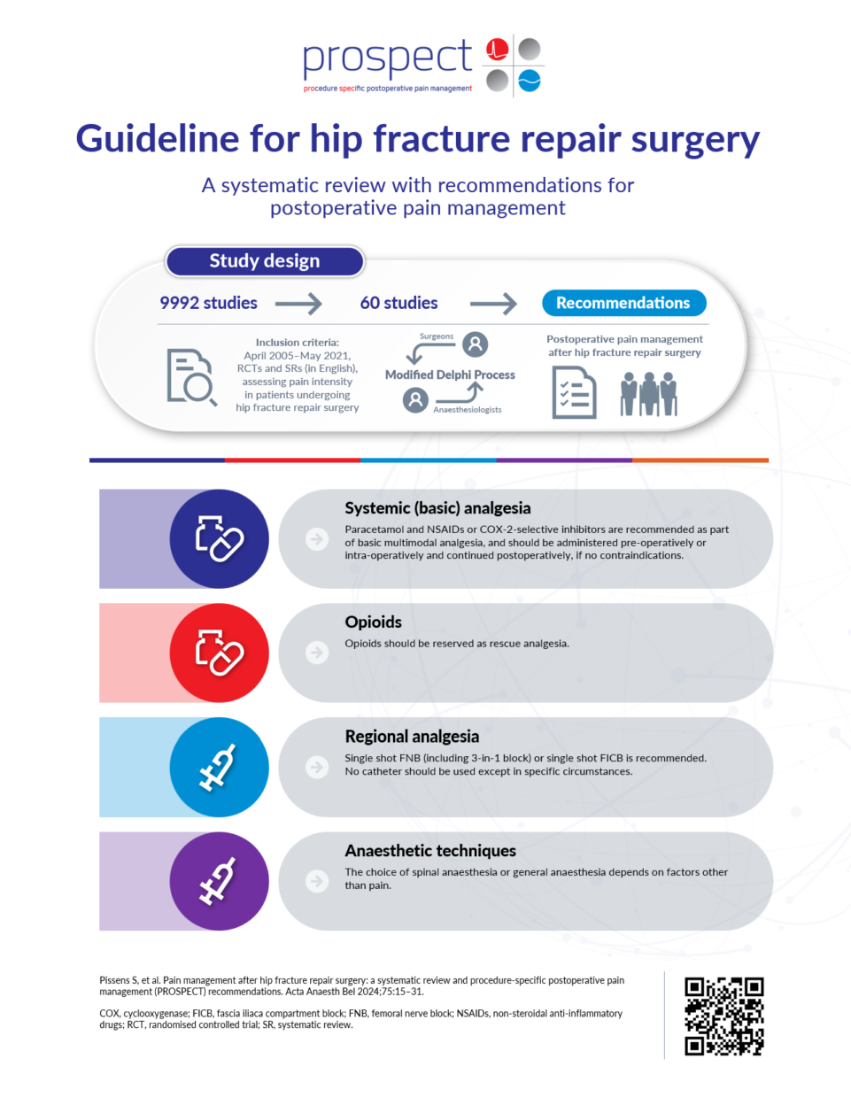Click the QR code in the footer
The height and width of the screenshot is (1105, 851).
(723, 1016)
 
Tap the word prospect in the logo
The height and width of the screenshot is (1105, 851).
(387, 58)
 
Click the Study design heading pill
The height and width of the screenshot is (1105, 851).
(265, 261)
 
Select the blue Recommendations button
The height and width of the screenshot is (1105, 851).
(623, 303)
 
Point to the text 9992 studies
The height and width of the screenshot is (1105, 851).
(208, 303)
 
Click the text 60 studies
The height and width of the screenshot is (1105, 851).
(398, 303)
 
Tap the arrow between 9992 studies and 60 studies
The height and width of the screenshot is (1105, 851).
(298, 304)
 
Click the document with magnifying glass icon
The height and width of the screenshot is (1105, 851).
(190, 376)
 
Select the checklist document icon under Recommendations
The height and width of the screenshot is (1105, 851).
(574, 393)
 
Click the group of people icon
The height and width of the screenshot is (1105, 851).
(649, 393)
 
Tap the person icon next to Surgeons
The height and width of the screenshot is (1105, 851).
(476, 344)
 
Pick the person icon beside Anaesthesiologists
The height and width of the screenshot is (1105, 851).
(415, 400)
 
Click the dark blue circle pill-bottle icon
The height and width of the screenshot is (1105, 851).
(219, 538)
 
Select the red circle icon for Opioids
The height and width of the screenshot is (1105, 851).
(219, 653)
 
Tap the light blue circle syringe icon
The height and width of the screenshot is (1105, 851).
(219, 767)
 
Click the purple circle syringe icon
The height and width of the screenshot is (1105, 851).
(219, 881)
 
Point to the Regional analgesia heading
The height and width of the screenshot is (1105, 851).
(412, 737)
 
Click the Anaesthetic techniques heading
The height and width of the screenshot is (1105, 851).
(430, 851)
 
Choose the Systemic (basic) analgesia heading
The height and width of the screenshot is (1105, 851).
(437, 508)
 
